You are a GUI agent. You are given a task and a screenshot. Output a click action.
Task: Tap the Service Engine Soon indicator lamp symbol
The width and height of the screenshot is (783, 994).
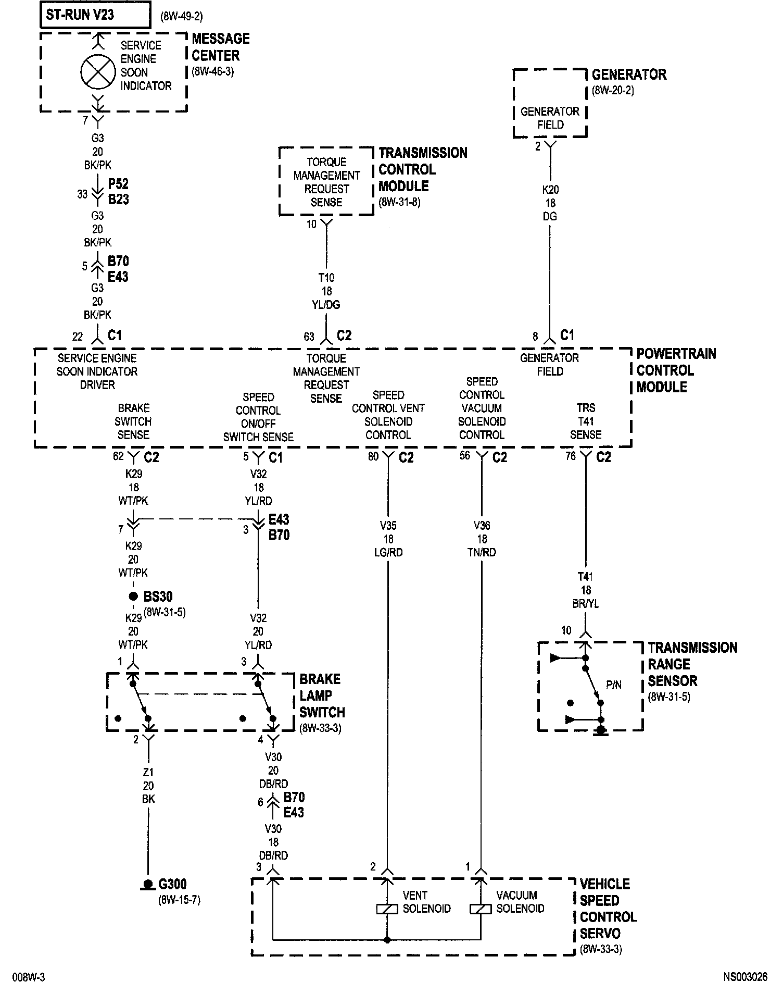(x=98, y=72)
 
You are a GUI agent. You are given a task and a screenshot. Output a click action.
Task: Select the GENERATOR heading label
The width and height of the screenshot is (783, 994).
(x=629, y=74)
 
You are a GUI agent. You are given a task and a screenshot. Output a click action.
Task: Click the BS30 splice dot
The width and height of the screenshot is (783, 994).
(x=133, y=596)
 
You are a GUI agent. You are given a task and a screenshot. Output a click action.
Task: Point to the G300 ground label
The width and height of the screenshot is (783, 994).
(x=172, y=884)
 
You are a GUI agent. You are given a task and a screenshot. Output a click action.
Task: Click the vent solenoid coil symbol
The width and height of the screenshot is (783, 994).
(x=387, y=909)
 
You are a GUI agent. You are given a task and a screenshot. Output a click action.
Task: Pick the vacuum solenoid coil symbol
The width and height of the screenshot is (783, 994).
(x=481, y=909)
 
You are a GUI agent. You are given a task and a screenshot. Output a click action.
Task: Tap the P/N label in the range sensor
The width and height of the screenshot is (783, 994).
(x=614, y=685)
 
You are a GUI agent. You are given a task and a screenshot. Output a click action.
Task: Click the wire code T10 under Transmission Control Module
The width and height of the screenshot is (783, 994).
(x=326, y=278)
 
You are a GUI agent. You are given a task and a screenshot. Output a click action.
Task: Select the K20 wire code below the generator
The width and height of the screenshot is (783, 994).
(x=550, y=190)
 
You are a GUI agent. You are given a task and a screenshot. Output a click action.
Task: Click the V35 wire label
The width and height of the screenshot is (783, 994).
(x=388, y=526)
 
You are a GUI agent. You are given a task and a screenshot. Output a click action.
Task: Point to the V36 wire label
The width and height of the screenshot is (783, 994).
(x=482, y=526)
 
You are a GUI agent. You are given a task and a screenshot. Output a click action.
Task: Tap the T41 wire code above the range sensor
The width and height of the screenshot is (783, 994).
(x=586, y=577)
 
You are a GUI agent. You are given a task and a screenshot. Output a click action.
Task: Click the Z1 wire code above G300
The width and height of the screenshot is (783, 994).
(x=148, y=772)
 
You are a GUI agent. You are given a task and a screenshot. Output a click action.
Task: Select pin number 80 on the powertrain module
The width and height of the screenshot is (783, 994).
(x=373, y=457)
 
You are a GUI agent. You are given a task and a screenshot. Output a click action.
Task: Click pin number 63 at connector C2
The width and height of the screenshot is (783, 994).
(x=309, y=337)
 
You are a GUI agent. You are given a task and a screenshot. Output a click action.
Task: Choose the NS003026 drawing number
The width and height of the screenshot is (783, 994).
(x=744, y=977)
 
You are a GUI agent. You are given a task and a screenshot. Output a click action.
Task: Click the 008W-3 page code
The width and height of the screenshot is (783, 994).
(x=29, y=977)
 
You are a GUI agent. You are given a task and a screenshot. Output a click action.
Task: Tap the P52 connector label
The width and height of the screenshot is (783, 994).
(x=118, y=184)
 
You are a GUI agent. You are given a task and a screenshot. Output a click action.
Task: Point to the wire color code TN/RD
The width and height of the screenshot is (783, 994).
(x=482, y=552)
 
